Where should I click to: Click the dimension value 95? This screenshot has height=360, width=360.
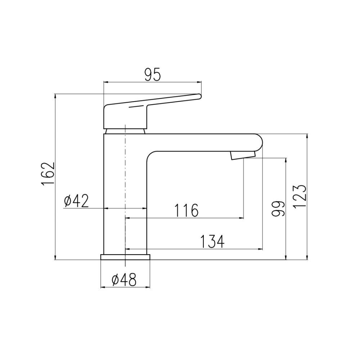point(152,75)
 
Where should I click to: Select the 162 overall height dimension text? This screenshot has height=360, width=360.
point(48,174)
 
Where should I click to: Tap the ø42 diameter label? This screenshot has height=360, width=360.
point(76,202)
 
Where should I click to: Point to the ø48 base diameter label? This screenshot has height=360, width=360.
point(124,280)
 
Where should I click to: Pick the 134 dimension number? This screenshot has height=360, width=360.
point(212,242)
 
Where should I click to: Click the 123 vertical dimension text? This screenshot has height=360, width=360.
point(300,196)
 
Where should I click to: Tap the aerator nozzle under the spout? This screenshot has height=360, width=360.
point(242,155)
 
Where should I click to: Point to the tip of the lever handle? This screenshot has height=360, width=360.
point(198,96)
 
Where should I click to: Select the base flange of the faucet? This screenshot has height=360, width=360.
point(125,257)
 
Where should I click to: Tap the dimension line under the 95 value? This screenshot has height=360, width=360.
point(152,82)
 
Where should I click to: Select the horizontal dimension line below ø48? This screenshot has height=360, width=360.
point(125,287)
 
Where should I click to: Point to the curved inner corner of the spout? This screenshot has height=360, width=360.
point(150,155)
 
